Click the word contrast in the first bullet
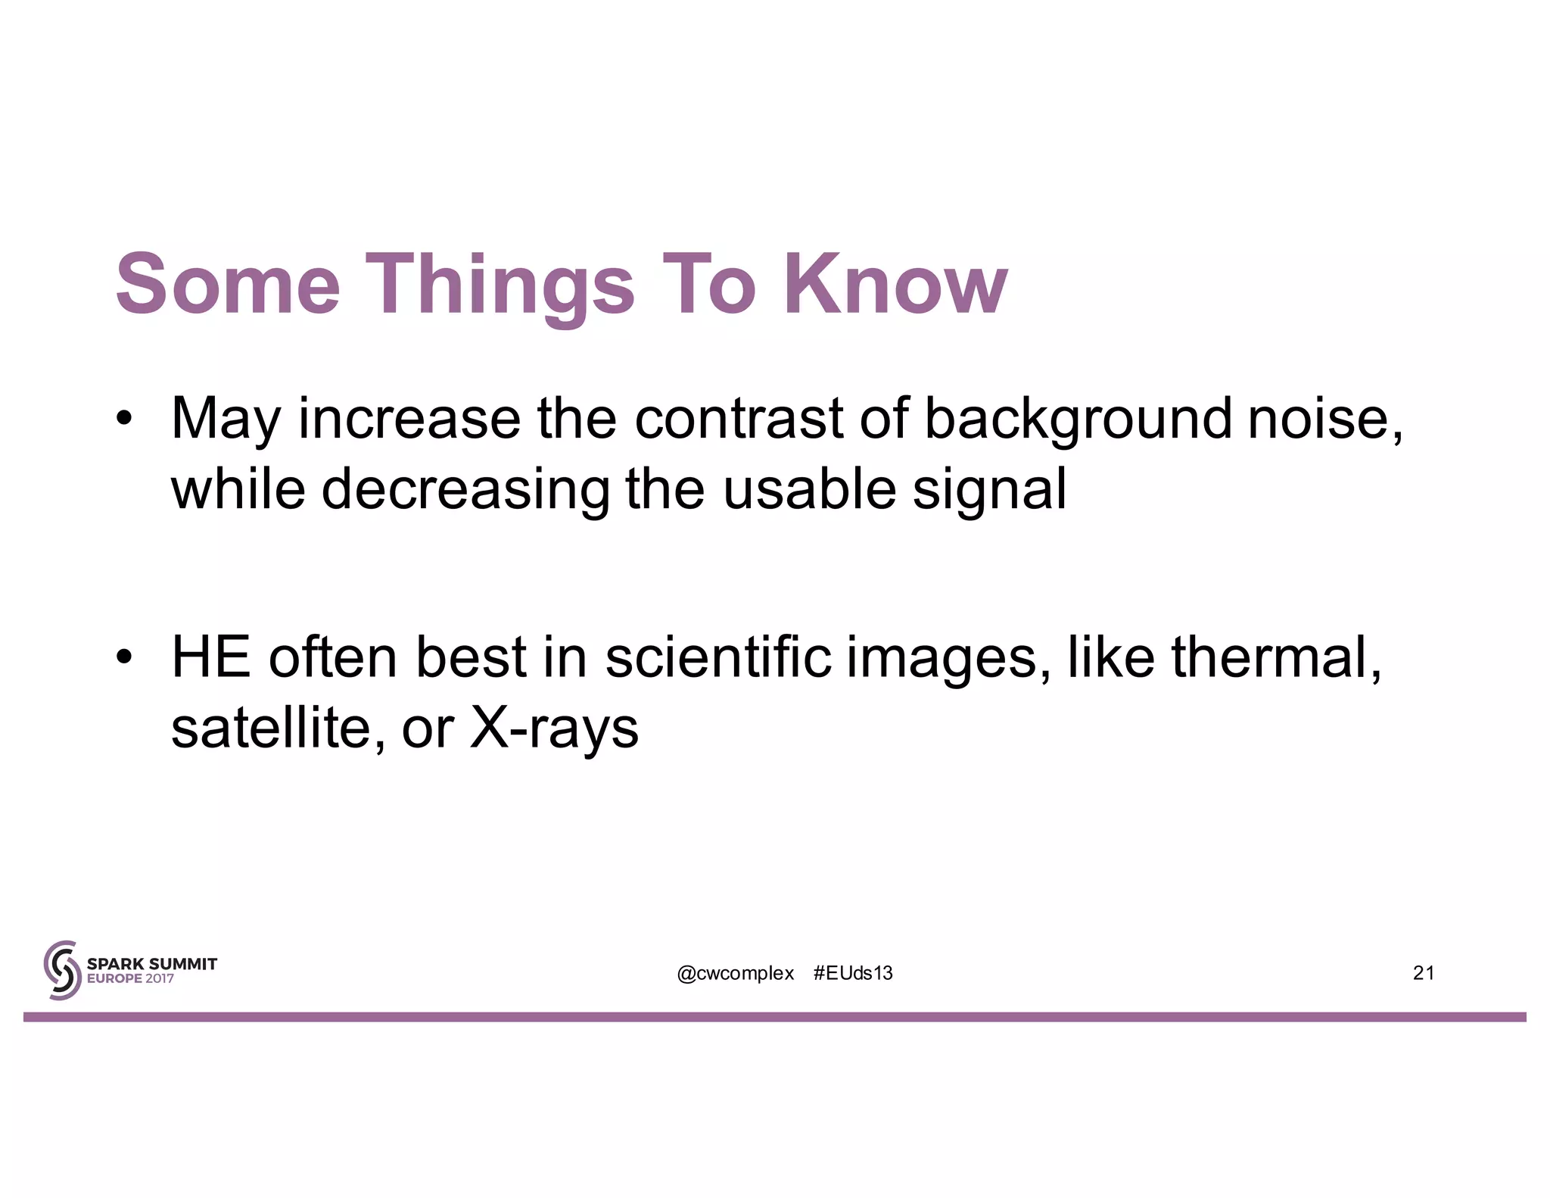pyautogui.click(x=738, y=418)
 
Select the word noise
pyautogui.click(x=1324, y=418)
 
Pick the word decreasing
pyautogui.click(x=465, y=490)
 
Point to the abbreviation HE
pyautogui.click(x=211, y=657)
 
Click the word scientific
pyautogui.click(x=718, y=657)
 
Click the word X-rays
pyautogui.click(x=554, y=728)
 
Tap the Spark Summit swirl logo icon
pyautogui.click(x=62, y=970)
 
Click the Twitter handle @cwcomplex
pyautogui.click(x=735, y=973)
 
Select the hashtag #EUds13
pyautogui.click(x=853, y=973)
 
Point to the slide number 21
pyautogui.click(x=1423, y=973)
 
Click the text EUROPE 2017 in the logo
pyautogui.click(x=130, y=978)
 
